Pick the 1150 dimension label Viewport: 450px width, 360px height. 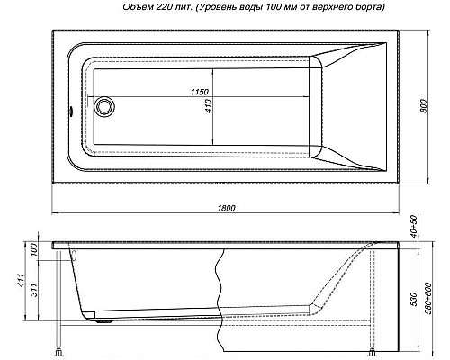pyautogui.click(x=206, y=93)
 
